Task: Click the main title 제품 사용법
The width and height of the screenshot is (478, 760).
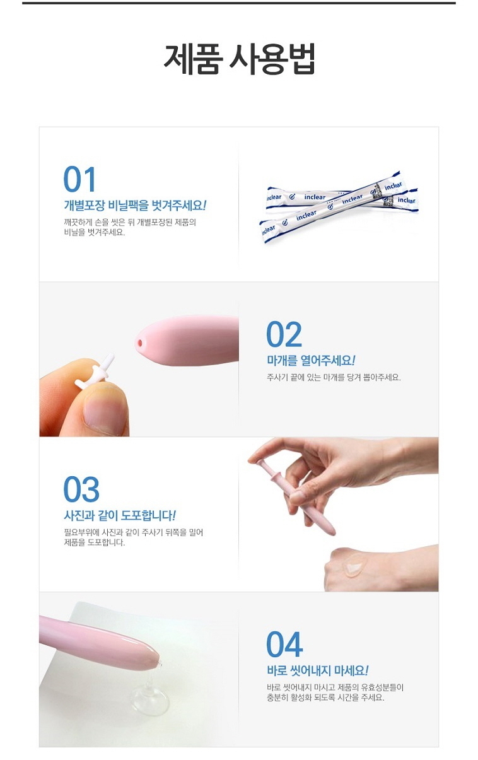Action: point(239,59)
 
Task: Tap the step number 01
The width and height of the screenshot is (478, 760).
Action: point(79,179)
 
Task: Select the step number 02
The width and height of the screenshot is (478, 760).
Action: point(284,334)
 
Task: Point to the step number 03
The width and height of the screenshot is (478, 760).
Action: point(81,489)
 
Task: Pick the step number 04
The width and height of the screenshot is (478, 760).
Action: point(284,645)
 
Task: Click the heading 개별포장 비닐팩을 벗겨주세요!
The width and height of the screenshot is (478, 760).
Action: point(135,205)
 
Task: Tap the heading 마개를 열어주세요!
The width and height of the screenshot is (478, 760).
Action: point(311,360)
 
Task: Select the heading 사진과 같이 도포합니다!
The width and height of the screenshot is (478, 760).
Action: point(120,515)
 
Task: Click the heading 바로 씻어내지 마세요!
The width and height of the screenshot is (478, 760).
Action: point(317,670)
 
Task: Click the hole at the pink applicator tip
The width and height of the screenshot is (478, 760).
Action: point(139,343)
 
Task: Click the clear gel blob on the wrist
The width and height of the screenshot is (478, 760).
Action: point(353,565)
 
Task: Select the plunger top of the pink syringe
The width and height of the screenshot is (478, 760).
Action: point(258,462)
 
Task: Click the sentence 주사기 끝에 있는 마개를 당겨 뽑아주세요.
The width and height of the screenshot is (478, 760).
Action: point(334,377)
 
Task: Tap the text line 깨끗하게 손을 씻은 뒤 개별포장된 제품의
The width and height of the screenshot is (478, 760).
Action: point(130,222)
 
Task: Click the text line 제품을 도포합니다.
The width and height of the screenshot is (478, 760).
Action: point(95,542)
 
